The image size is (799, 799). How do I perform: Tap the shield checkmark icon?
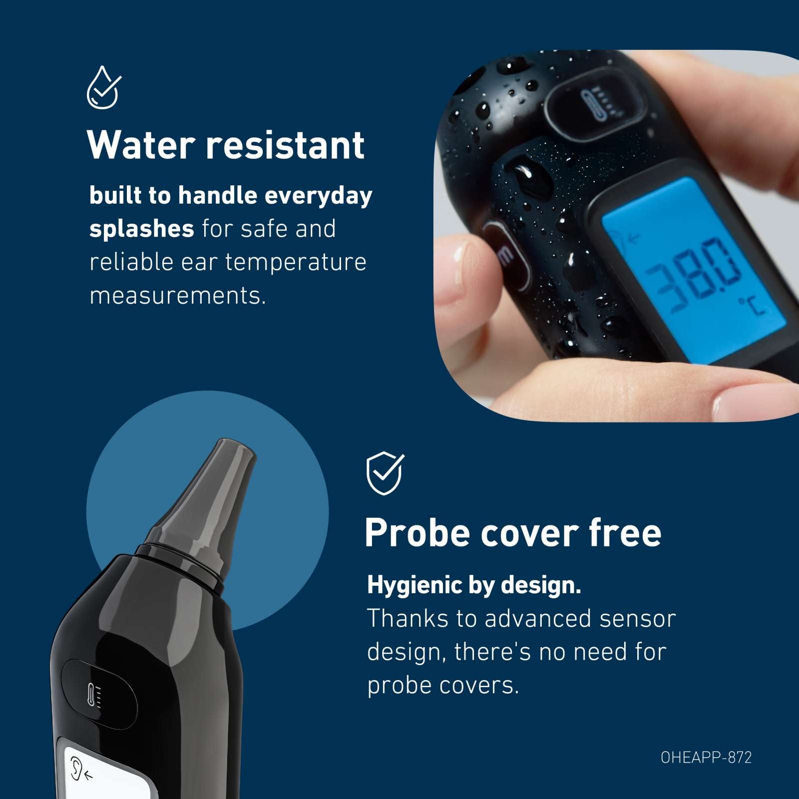coord(385,473)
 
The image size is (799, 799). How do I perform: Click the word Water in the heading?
coord(141,145)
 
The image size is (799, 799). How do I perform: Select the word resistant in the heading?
coord(285,145)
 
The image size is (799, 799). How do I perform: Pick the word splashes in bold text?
coord(141,229)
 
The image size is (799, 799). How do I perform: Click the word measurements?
coord(177,296)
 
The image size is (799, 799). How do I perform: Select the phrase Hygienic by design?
coord(474,585)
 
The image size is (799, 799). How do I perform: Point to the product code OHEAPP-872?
coord(706,758)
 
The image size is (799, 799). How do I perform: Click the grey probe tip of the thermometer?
coord(207,494)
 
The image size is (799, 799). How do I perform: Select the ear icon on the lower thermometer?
coord(79,768)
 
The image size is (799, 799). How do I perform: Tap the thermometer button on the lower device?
coord(99,694)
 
